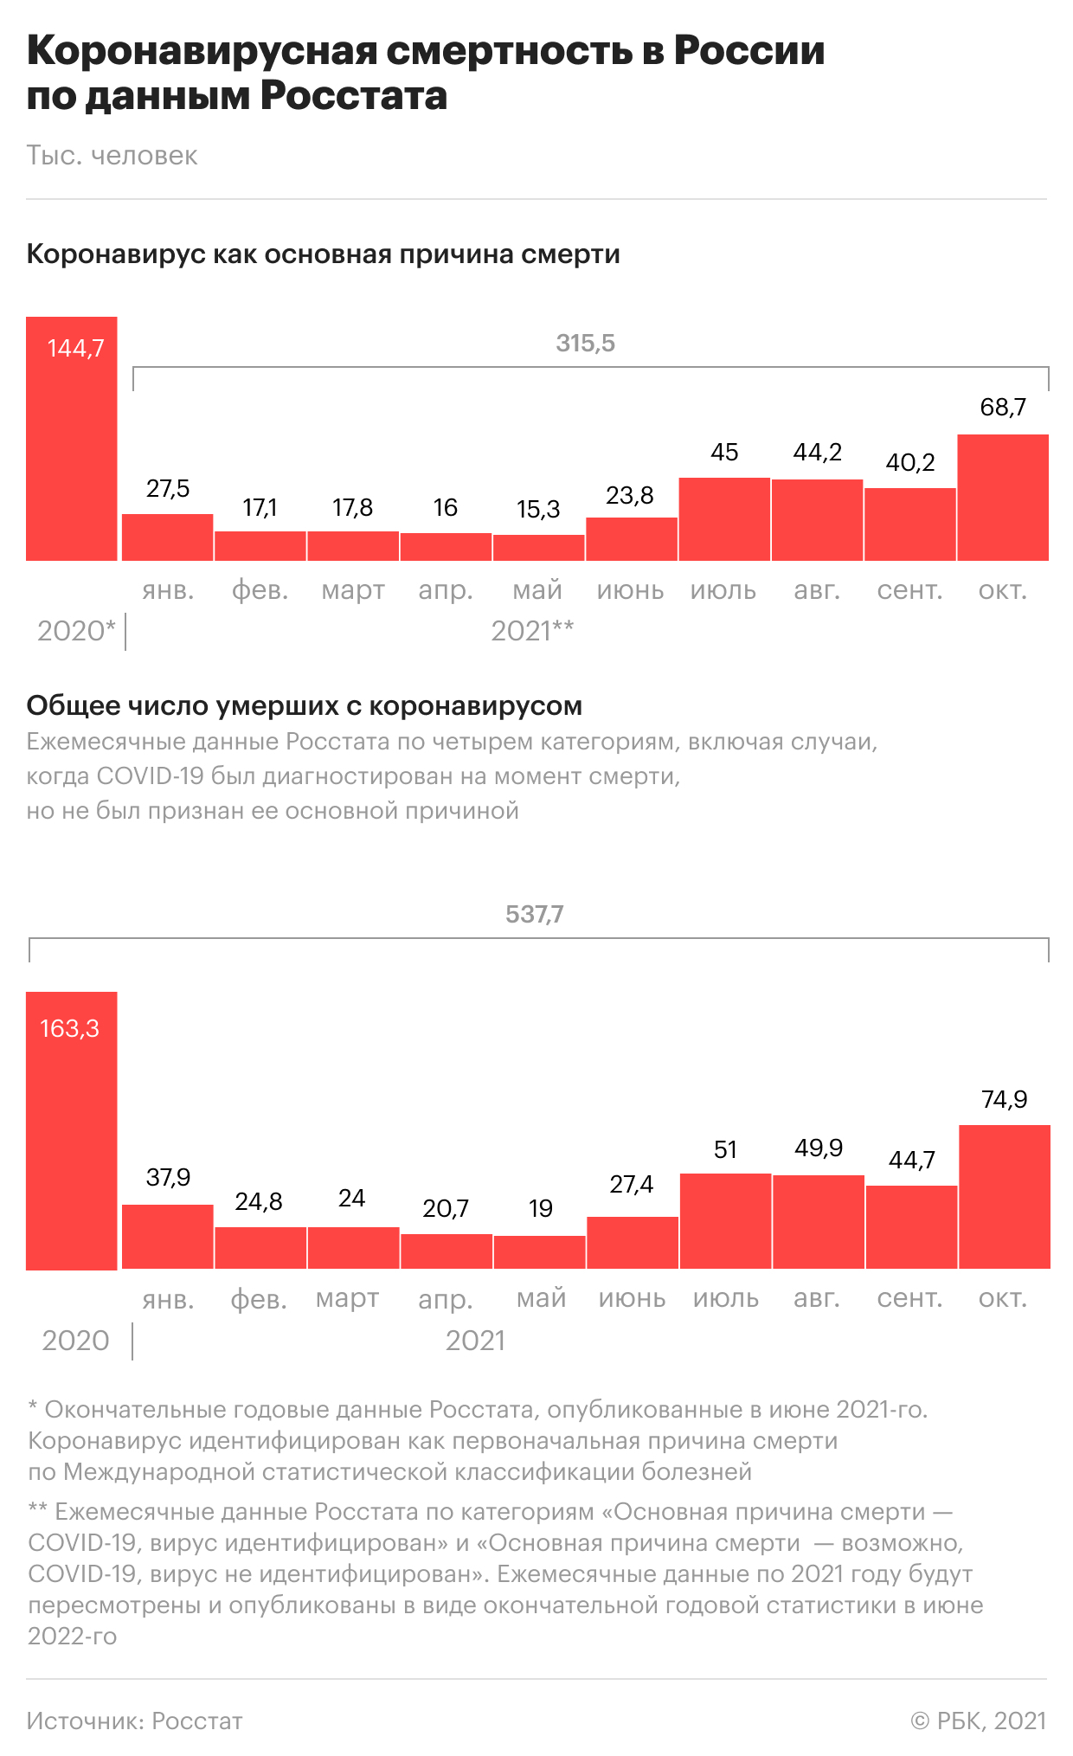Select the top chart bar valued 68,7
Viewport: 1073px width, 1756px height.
point(1003,498)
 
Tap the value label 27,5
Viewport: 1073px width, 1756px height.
point(168,489)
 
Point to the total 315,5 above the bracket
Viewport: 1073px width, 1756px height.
point(585,344)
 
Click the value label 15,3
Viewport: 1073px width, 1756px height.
point(538,509)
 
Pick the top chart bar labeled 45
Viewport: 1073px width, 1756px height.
point(724,519)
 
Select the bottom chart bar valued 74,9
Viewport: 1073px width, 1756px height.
point(1005,1197)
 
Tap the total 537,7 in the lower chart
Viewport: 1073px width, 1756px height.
point(534,915)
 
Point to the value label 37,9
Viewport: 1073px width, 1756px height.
point(168,1177)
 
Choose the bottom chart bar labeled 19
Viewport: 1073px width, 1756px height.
point(540,1252)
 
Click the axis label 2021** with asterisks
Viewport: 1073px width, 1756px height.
point(532,631)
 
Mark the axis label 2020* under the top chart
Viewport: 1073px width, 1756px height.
point(76,631)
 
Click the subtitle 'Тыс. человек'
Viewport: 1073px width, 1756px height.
point(112,156)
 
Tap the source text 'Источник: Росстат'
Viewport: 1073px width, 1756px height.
point(134,1721)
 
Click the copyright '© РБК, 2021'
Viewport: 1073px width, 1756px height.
point(978,1721)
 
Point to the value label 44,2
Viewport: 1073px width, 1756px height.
point(817,453)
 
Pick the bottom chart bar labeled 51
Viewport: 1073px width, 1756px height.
point(725,1221)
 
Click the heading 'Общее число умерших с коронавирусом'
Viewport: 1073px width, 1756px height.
point(304,706)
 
